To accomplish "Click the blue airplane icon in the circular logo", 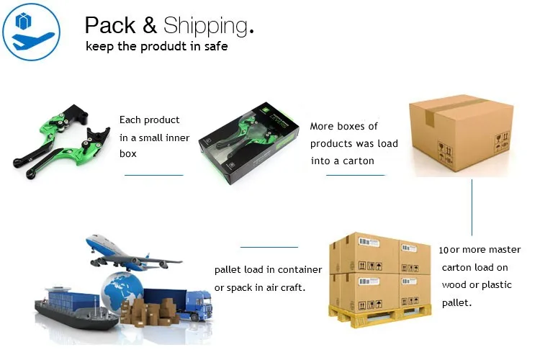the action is (x=32, y=40).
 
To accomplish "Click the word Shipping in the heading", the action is (x=205, y=25).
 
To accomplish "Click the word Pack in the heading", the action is (x=110, y=25).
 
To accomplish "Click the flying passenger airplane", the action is (x=132, y=253).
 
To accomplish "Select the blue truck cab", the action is (x=199, y=304).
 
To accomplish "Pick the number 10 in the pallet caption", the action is (x=444, y=251).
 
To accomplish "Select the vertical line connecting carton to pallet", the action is (x=472, y=207).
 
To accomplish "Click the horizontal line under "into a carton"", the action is (x=356, y=175).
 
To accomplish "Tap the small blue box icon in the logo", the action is (x=24, y=21).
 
